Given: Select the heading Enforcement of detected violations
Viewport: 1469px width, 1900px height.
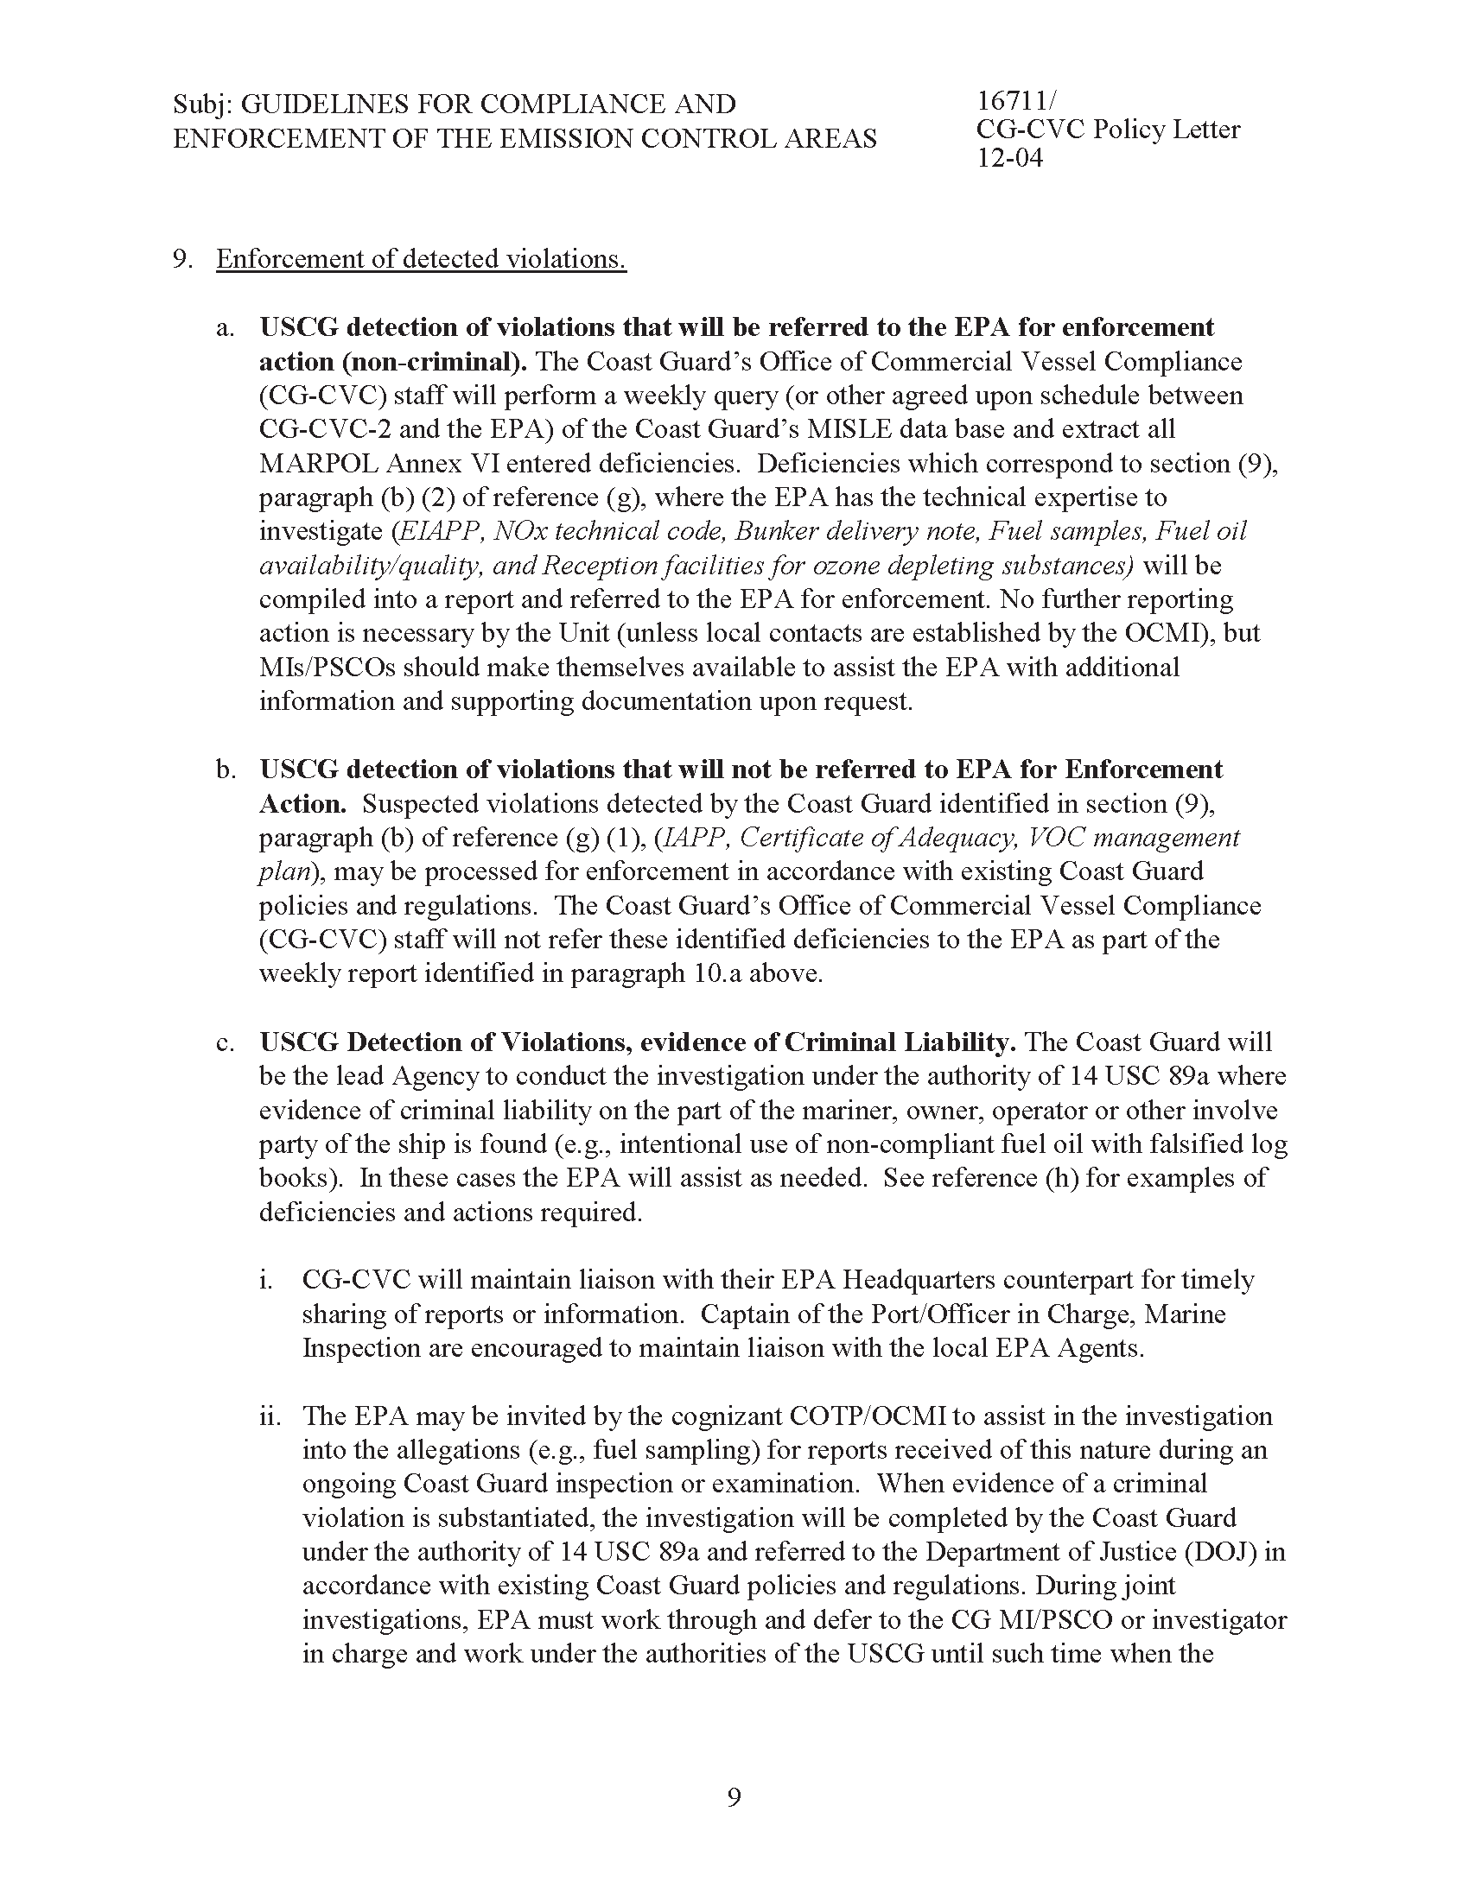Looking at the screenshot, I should (x=421, y=258).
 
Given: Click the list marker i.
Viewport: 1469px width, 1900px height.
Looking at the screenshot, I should (x=265, y=1281).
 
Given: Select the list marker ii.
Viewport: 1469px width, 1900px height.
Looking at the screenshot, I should (x=269, y=1416).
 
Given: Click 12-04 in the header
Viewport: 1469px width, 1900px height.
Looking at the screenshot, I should (x=1008, y=158).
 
